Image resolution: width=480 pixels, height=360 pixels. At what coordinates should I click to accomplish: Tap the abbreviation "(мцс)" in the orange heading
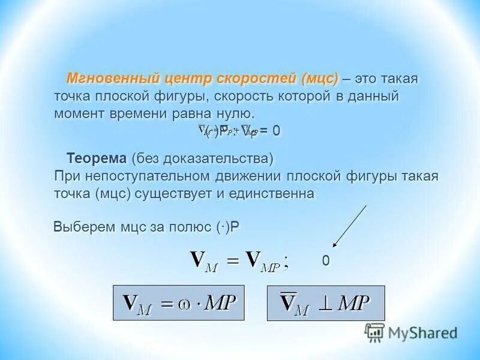coord(320,79)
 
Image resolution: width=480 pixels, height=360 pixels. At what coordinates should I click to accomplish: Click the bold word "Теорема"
coord(97,159)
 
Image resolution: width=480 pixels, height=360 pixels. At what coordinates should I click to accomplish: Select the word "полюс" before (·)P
coord(190,227)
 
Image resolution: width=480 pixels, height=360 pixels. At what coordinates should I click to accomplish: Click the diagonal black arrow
coord(350,226)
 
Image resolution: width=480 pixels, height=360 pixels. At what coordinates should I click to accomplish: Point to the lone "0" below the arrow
coord(325,261)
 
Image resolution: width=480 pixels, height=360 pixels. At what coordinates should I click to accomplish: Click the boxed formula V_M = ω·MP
coord(181,303)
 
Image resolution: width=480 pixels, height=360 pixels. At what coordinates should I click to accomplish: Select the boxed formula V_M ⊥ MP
coord(325,303)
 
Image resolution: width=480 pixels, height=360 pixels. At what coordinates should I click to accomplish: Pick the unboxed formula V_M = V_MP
coord(239,261)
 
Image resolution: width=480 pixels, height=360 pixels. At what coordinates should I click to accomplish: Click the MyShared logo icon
coord(374,332)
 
